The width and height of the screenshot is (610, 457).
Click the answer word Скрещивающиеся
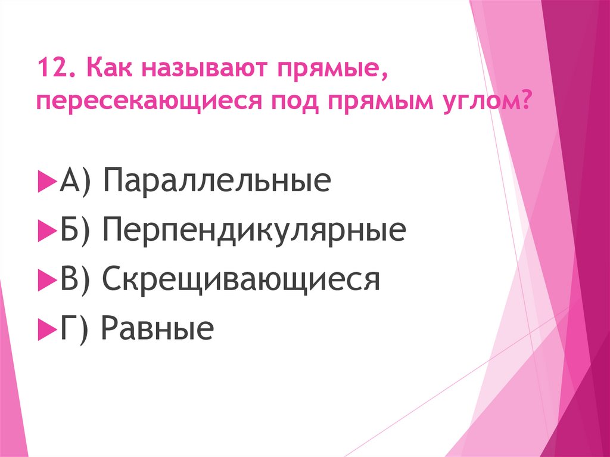[241, 279]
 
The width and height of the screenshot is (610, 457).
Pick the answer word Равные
[157, 329]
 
